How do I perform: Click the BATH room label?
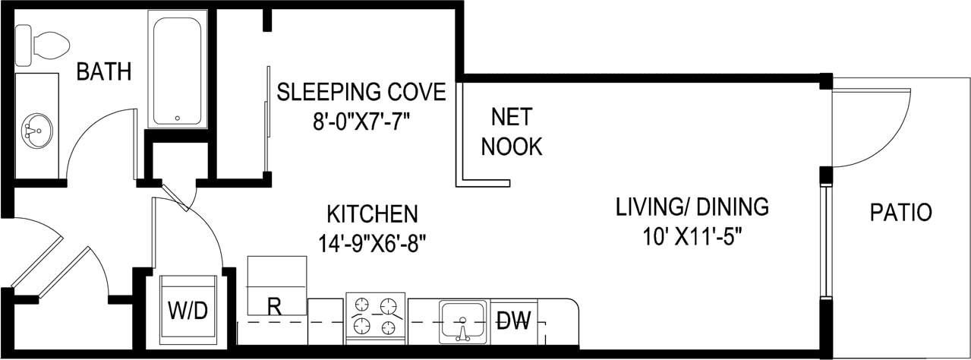coord(104,72)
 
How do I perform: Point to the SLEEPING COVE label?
coord(361,92)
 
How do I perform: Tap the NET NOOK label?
coord(512,131)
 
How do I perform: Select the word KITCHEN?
coord(372,213)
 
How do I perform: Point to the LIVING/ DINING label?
coord(692,207)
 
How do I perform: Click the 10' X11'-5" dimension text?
coord(692,235)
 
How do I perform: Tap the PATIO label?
coord(900,213)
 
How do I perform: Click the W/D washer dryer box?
coord(187,310)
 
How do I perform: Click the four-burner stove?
coord(376,315)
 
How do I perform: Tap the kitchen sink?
coord(462,321)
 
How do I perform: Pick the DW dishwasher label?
coord(514,319)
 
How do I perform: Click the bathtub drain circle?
coord(178,118)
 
